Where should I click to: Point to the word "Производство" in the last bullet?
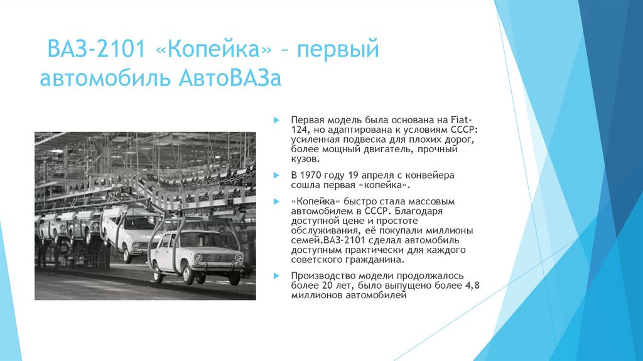coord(319,276)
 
